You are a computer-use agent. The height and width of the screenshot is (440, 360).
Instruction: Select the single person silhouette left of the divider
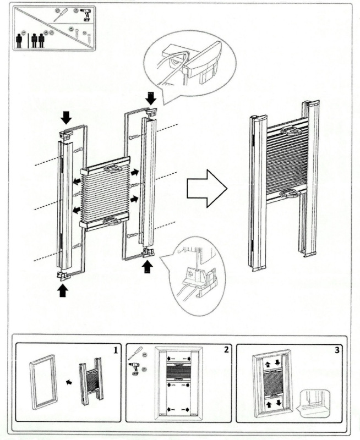[x=20, y=40]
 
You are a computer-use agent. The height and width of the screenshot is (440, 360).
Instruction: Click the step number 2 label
[x=226, y=350]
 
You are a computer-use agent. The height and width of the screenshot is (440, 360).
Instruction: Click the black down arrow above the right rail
[x=150, y=97]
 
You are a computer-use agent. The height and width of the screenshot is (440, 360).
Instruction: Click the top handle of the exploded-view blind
[x=111, y=169]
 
